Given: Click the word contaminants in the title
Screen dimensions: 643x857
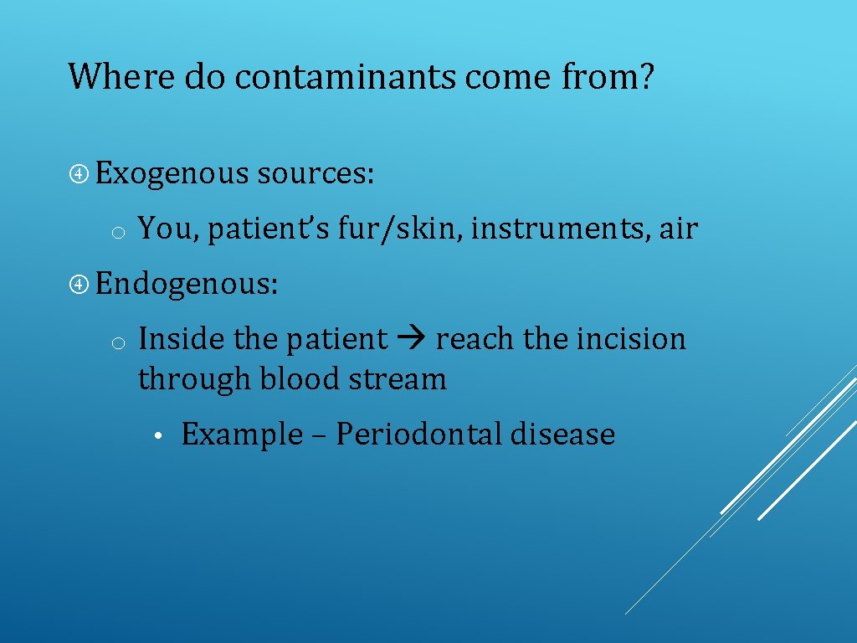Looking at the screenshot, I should pos(346,77).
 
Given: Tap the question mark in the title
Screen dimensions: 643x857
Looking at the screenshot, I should pos(646,77).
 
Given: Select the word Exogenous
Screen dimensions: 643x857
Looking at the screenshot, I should pos(172,173).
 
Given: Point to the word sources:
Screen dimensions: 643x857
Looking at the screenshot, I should pos(316,173).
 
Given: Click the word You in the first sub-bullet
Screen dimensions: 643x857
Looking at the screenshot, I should pos(167,228).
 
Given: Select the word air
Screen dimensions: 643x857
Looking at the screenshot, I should pos(678,228).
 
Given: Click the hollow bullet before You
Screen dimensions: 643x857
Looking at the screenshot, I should pos(119,231).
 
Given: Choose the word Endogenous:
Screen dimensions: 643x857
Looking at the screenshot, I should pos(187,284).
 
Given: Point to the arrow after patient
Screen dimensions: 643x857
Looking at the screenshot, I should pos(412,339).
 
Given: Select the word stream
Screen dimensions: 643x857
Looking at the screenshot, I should pos(398,379).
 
